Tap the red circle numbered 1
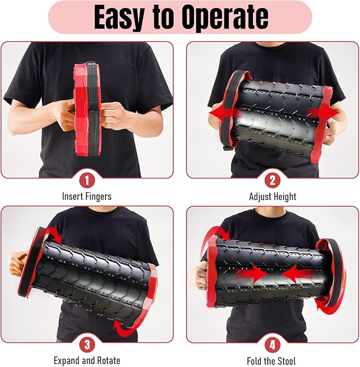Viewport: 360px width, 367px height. pyautogui.click(x=87, y=181)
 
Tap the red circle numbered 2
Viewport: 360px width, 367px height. pyautogui.click(x=273, y=181)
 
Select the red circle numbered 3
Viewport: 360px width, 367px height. pyautogui.click(x=87, y=345)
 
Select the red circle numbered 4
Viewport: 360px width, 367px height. pyautogui.click(x=273, y=345)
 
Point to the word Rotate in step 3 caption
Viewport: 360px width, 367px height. pyautogui.click(x=107, y=361)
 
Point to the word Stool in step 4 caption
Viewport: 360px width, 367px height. pyautogui.click(x=285, y=361)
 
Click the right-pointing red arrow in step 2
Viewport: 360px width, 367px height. pyautogui.click(x=323, y=113)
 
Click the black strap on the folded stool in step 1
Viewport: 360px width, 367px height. pyautogui.click(x=93, y=109)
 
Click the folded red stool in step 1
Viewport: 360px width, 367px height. pyautogui.click(x=81, y=110)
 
